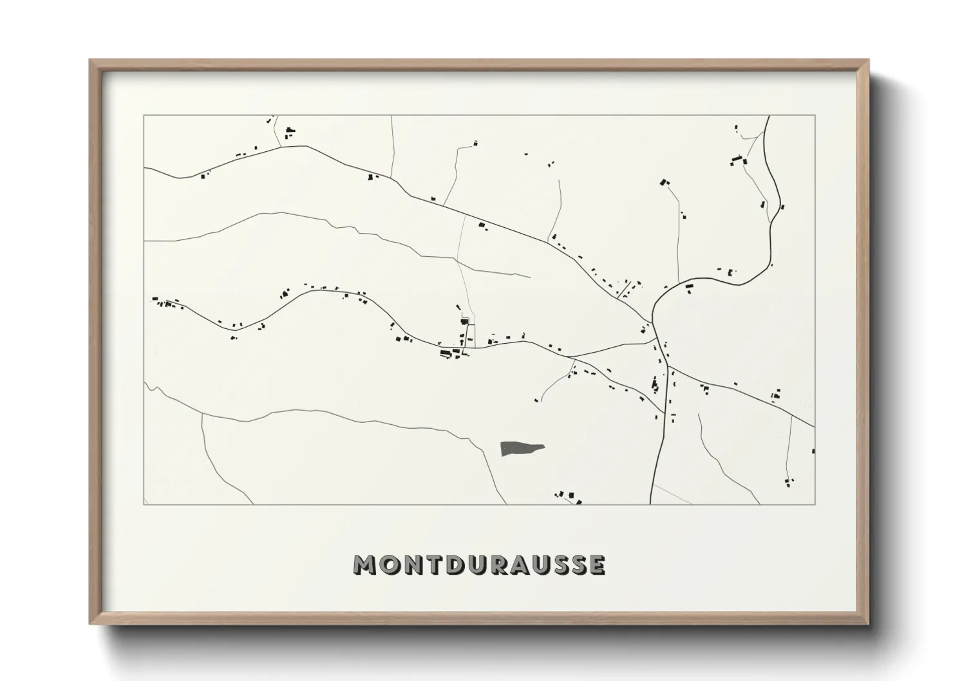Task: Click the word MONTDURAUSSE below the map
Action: pos(480,564)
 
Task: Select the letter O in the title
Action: pos(388,564)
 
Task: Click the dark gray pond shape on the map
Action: pos(520,448)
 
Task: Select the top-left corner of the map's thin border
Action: pos(144,116)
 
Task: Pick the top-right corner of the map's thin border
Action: pos(815,116)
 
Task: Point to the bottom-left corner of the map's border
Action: pos(144,504)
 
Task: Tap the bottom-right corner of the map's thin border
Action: pos(815,504)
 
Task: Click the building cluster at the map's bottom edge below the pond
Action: pos(569,496)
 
